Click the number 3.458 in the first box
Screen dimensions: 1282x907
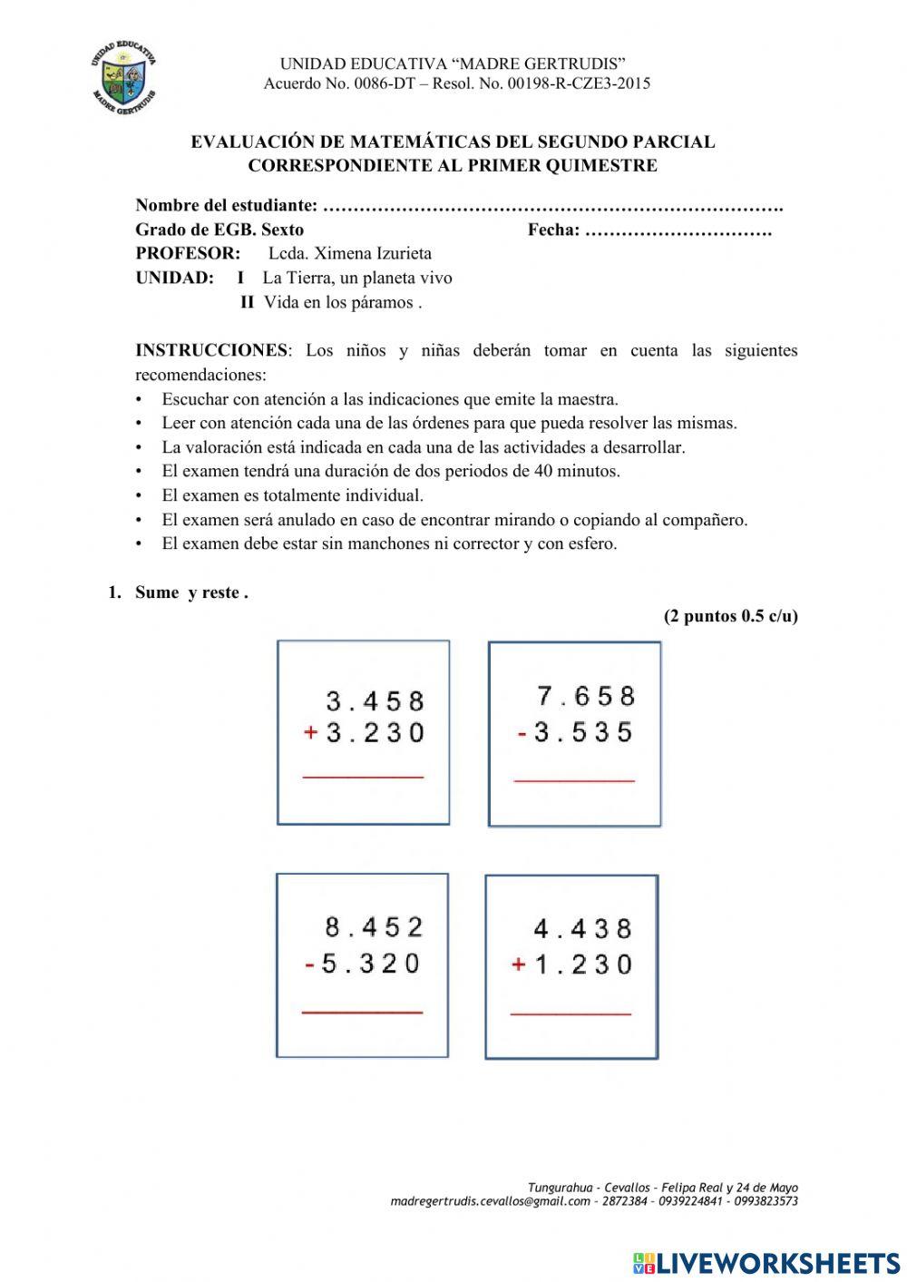375,701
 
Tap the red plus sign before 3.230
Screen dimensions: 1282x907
310,733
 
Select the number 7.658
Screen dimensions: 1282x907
586,696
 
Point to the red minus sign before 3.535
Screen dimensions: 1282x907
522,733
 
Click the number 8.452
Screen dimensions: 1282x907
374,927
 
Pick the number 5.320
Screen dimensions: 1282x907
371,963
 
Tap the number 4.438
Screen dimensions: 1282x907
582,929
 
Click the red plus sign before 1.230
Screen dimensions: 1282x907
519,964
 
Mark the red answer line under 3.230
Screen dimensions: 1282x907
363,777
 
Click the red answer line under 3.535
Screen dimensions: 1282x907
574,779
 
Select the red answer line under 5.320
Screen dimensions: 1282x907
362,1011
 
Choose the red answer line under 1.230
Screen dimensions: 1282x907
571,1013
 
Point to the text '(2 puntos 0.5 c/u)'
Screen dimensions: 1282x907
730,616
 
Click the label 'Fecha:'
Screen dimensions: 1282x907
553,230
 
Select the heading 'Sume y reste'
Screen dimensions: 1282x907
190,592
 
